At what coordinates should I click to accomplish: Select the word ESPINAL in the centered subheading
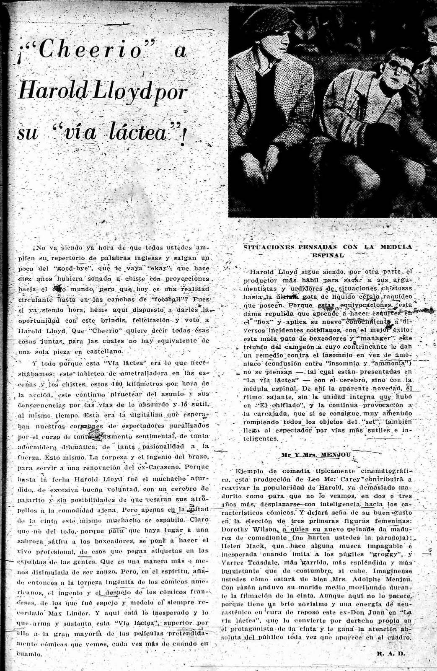click(x=328, y=254)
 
